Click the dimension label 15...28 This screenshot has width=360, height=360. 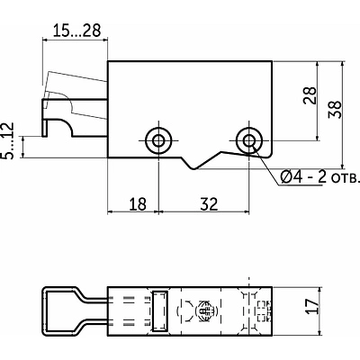(x=76, y=31)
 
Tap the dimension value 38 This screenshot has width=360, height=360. (x=335, y=110)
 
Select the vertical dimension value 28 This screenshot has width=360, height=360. (x=310, y=95)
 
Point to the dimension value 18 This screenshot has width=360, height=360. (x=138, y=204)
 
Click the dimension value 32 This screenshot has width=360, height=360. (x=209, y=204)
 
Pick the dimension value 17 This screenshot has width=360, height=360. (x=312, y=306)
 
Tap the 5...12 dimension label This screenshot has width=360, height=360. (x=7, y=140)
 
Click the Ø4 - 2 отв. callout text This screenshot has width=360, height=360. (x=319, y=177)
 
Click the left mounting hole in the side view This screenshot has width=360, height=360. (x=158, y=140)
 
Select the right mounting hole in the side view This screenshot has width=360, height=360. (x=248, y=140)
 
